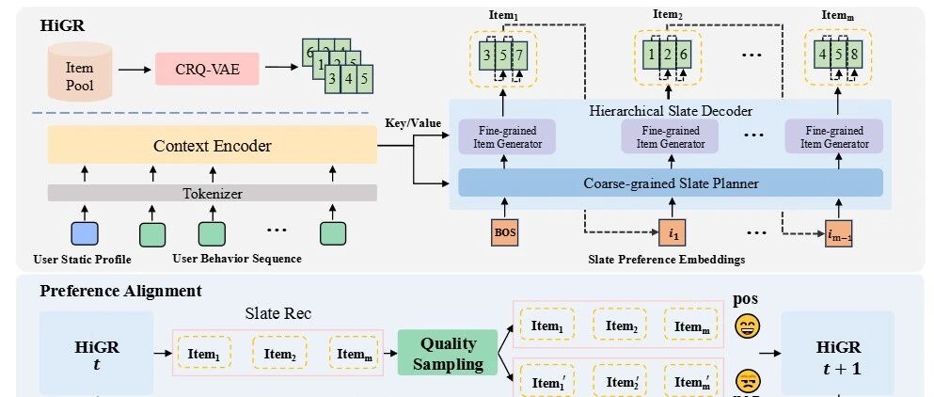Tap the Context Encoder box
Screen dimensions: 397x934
(212, 146)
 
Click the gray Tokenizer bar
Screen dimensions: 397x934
(212, 192)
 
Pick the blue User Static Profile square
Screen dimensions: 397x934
(84, 232)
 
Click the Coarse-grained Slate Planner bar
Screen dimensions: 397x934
(670, 183)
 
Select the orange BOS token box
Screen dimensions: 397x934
(505, 231)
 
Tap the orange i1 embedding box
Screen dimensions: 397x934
(669, 231)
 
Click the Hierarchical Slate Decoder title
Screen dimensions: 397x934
(669, 111)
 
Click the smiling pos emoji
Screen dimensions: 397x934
(750, 326)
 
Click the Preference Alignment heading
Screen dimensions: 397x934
(120, 291)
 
